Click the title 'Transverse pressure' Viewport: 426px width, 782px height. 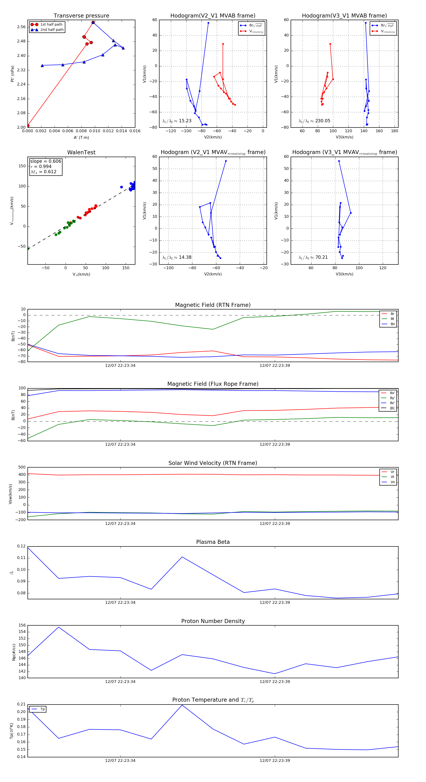[x=81, y=16]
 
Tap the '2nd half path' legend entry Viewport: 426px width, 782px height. [x=52, y=30]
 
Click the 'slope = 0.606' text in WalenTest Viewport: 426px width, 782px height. [x=45, y=161]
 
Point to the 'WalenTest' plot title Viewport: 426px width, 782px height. [x=81, y=152]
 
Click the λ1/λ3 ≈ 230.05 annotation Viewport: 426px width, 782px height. [x=314, y=121]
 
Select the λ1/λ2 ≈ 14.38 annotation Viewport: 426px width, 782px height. [x=177, y=257]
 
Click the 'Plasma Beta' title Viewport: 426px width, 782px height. [x=213, y=542]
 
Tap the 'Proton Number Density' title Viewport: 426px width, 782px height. [x=213, y=621]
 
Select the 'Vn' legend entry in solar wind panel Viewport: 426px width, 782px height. [x=392, y=482]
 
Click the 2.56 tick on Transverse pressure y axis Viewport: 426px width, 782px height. [x=21, y=27]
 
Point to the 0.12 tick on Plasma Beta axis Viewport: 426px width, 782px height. [x=21, y=546]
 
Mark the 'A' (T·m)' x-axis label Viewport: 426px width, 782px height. [x=81, y=137]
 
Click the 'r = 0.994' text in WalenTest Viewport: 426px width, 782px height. [x=41, y=166]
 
